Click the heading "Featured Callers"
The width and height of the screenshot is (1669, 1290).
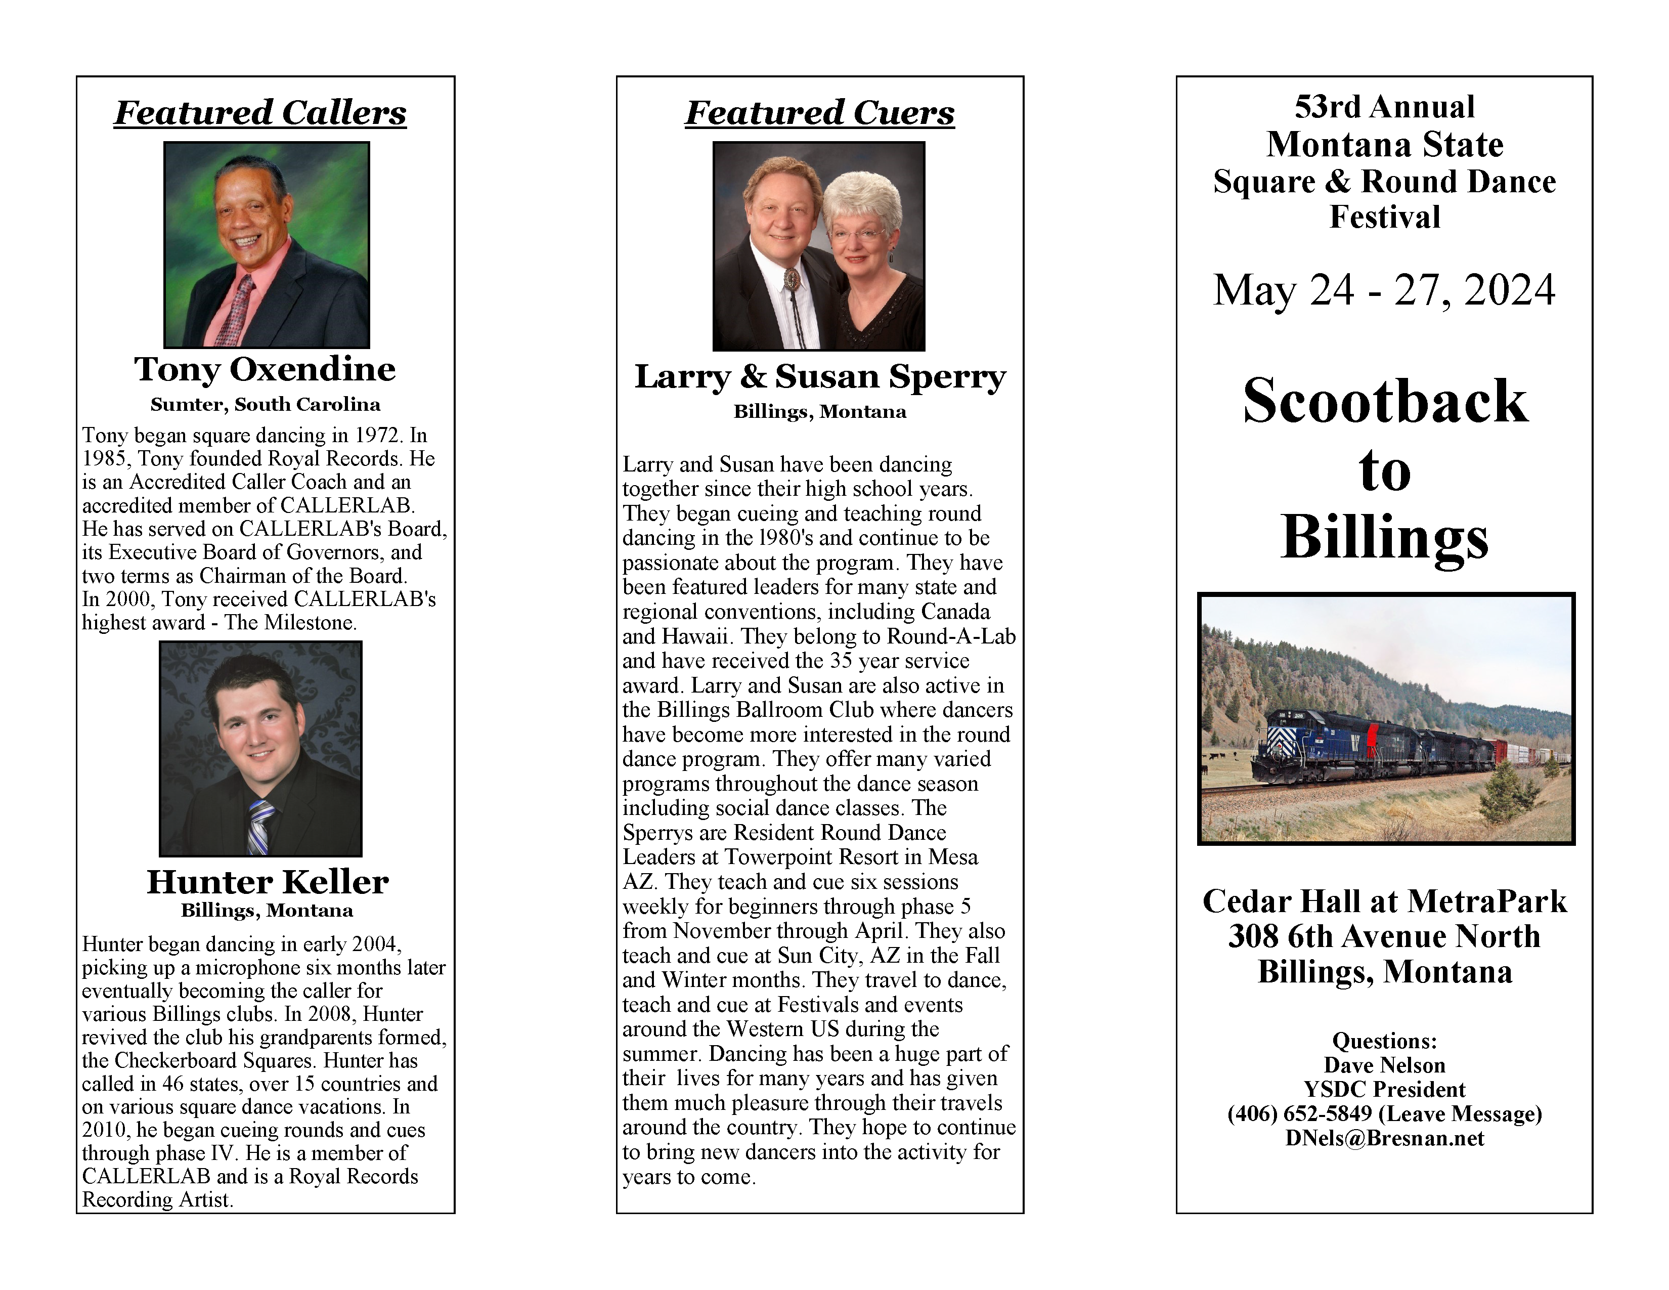click(x=260, y=113)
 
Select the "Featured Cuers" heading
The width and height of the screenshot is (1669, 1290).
click(x=819, y=113)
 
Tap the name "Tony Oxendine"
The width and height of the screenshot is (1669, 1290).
click(x=265, y=369)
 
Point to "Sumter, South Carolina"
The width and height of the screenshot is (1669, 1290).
click(x=265, y=404)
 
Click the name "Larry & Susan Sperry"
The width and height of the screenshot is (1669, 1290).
click(x=819, y=377)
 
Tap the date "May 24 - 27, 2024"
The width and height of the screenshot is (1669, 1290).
click(x=1384, y=290)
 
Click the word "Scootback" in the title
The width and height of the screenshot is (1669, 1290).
click(x=1384, y=402)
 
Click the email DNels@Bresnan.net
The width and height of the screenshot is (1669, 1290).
click(x=1384, y=1139)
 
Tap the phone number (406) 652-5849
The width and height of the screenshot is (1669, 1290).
click(x=1299, y=1114)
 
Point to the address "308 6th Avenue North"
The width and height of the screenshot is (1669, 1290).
click(x=1384, y=937)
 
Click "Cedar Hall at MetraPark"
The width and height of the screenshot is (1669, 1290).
click(x=1384, y=902)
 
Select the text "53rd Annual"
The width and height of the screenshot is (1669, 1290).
click(x=1384, y=107)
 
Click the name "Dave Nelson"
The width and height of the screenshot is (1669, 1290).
click(x=1384, y=1065)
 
